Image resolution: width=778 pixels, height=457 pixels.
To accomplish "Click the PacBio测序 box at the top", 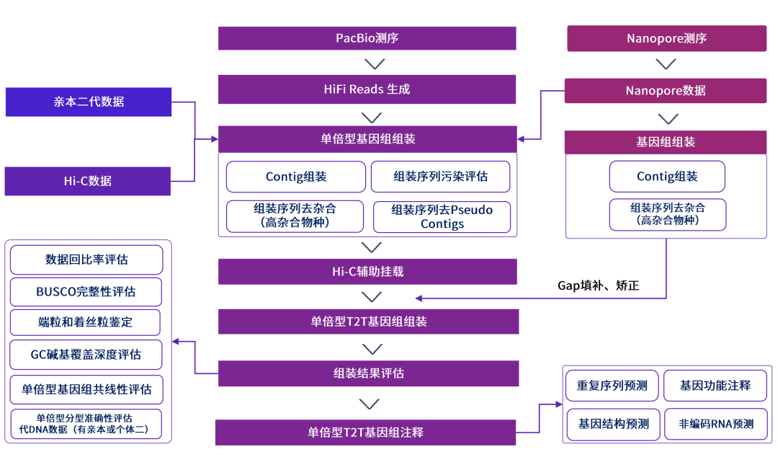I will pyautogui.click(x=367, y=38).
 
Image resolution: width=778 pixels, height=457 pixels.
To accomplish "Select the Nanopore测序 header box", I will pyautogui.click(x=666, y=38).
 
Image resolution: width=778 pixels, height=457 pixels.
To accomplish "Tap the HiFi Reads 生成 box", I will pyautogui.click(x=367, y=89).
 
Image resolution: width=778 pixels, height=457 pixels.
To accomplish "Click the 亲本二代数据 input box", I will pyautogui.click(x=89, y=102).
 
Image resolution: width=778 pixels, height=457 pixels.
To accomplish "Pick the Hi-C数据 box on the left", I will pyautogui.click(x=88, y=181).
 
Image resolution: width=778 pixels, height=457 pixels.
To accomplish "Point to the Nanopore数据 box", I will pyautogui.click(x=666, y=90).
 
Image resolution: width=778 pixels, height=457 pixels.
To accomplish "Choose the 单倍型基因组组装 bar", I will pyautogui.click(x=367, y=139).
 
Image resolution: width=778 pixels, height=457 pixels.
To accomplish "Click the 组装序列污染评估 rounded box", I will pyautogui.click(x=440, y=177).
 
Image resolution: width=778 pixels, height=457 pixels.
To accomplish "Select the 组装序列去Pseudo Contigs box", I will pyautogui.click(x=442, y=217).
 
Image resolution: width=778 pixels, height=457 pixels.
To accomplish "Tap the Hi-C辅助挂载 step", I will pyautogui.click(x=367, y=272).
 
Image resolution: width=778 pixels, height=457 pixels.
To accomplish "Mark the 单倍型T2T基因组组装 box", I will pyautogui.click(x=368, y=321).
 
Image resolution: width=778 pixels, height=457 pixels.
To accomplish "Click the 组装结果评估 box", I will pyautogui.click(x=368, y=373).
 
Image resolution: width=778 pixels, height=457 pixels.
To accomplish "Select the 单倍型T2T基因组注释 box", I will pyautogui.click(x=366, y=432).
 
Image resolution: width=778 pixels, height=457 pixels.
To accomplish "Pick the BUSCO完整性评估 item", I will pyautogui.click(x=86, y=292).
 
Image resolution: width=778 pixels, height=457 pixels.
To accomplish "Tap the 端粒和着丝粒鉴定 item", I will pyautogui.click(x=86, y=323).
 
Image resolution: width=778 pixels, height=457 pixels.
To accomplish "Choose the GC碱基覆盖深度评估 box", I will pyautogui.click(x=86, y=355).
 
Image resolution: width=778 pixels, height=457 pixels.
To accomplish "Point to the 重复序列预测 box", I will pyautogui.click(x=612, y=386).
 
